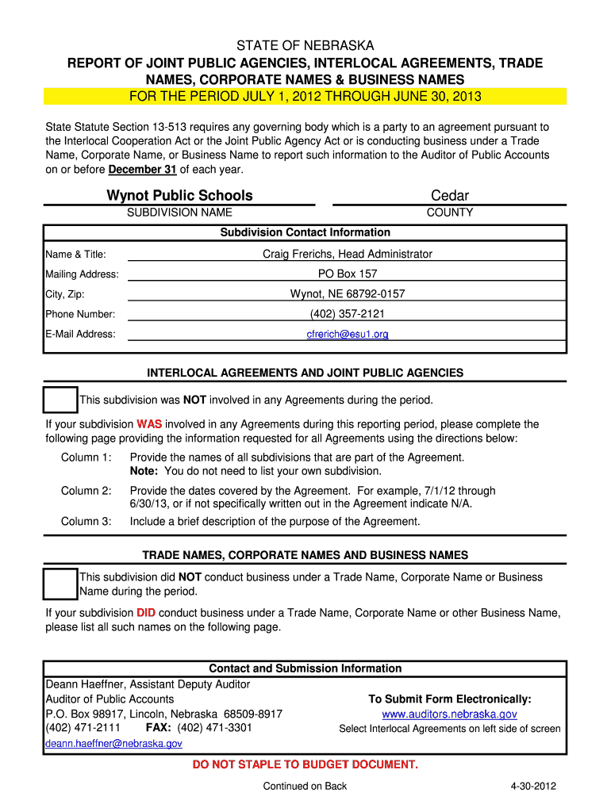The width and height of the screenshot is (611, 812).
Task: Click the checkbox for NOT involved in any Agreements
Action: click(x=60, y=400)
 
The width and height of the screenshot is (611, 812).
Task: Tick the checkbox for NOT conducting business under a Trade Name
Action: click(x=60, y=584)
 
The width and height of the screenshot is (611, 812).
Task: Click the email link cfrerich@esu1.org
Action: click(x=348, y=335)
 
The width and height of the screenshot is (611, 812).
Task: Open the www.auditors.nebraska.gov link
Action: click(x=450, y=714)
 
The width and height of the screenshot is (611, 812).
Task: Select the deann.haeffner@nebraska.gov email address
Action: click(x=114, y=744)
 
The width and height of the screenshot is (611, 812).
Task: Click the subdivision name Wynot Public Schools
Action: click(x=180, y=196)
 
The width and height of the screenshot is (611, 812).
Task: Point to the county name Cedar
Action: click(x=450, y=196)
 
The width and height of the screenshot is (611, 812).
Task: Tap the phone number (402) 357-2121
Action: click(x=348, y=314)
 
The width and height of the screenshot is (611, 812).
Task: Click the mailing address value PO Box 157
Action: click(x=348, y=274)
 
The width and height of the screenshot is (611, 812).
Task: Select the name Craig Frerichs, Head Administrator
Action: click(x=348, y=255)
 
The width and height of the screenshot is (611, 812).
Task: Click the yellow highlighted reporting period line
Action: click(x=305, y=97)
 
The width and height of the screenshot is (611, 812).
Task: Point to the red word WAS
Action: click(x=149, y=424)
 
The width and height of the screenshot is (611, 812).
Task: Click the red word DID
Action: click(x=146, y=613)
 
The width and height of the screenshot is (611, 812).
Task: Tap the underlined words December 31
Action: click(x=143, y=170)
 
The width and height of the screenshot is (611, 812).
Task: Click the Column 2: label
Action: click(x=86, y=491)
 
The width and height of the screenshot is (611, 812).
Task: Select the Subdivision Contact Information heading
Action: click(x=305, y=232)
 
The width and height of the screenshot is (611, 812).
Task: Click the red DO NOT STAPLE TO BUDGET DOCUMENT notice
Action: click(x=305, y=764)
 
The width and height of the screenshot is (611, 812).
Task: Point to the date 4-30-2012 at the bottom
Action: click(x=534, y=787)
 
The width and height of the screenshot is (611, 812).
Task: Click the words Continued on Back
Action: click(x=305, y=787)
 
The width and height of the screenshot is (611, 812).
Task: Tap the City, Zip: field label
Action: click(x=67, y=294)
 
